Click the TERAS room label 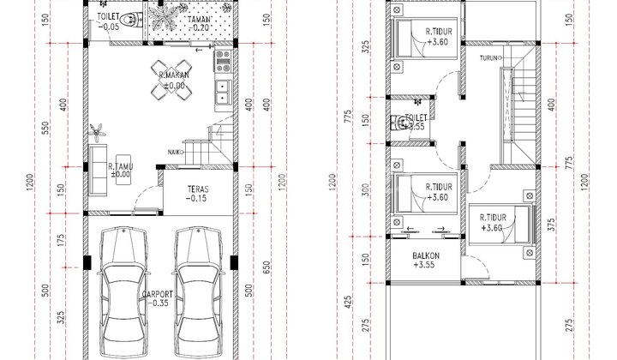(x=198, y=189)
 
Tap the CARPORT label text (x=158, y=294)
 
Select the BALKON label (x=426, y=255)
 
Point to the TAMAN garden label (x=199, y=19)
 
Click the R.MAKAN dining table (x=171, y=80)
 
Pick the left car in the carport (x=123, y=292)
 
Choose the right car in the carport (x=198, y=292)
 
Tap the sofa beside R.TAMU (x=98, y=170)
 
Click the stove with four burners (x=223, y=61)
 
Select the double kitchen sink (x=223, y=92)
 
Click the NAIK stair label (x=175, y=153)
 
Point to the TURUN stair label (x=488, y=58)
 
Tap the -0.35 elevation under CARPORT (x=159, y=303)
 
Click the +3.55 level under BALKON (x=424, y=265)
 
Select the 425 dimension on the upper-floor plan (x=348, y=302)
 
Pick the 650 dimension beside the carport (x=267, y=268)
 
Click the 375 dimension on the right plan (x=551, y=225)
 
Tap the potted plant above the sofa (x=97, y=132)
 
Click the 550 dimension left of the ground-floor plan (x=45, y=129)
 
